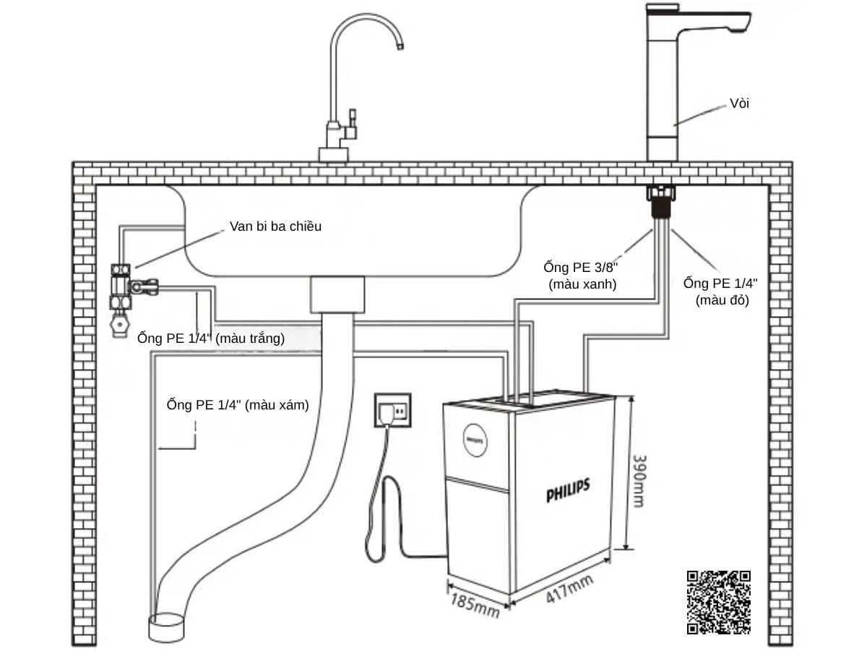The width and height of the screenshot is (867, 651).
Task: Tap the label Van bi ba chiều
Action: (275, 226)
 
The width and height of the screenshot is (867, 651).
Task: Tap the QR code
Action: (718, 603)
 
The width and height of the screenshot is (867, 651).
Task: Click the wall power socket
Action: (392, 412)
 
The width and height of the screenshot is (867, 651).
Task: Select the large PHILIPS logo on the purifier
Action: (568, 491)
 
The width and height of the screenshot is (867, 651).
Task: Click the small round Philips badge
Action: (473, 439)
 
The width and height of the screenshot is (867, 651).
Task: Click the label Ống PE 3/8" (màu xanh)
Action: (582, 275)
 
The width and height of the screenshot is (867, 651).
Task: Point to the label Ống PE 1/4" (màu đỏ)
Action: (720, 291)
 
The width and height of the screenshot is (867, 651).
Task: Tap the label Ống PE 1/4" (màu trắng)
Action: (211, 338)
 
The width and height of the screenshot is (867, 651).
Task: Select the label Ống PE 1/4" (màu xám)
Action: (238, 406)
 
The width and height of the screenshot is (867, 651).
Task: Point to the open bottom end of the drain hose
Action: (168, 626)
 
